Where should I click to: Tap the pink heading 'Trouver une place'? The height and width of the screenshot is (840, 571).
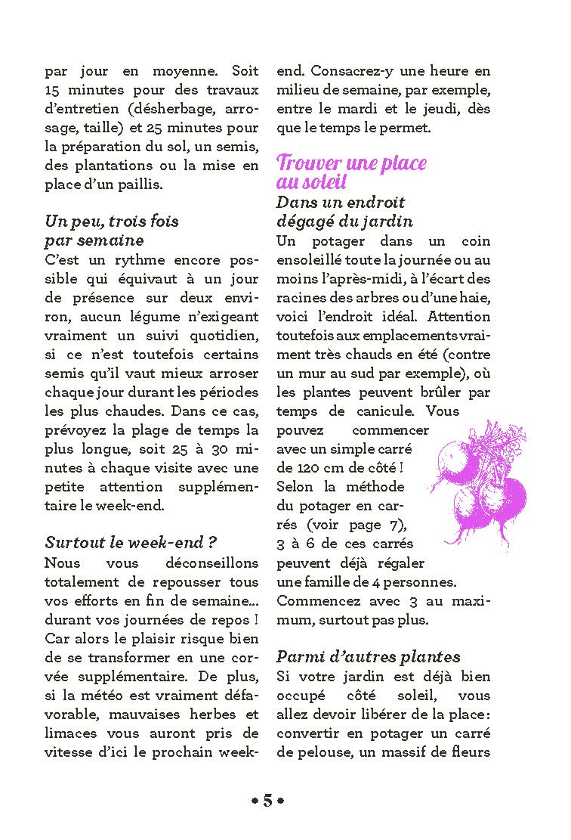(351, 163)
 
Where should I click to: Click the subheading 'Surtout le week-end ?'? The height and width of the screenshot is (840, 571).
(131, 543)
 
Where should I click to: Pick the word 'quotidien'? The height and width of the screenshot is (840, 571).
(217, 336)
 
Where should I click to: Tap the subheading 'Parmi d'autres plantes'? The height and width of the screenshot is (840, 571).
(368, 656)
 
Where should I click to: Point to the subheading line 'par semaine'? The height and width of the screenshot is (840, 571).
(94, 240)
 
